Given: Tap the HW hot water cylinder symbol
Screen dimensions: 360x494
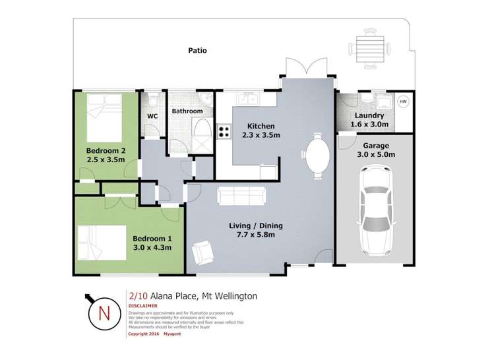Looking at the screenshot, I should (x=404, y=102).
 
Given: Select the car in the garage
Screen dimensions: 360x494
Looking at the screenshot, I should (x=374, y=210).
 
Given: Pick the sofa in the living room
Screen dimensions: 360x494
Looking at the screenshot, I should (x=241, y=196).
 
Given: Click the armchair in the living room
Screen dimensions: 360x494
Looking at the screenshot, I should (x=202, y=252).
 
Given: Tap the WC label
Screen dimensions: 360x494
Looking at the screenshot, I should (x=152, y=117).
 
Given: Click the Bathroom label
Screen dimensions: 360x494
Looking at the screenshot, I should (x=187, y=111).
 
